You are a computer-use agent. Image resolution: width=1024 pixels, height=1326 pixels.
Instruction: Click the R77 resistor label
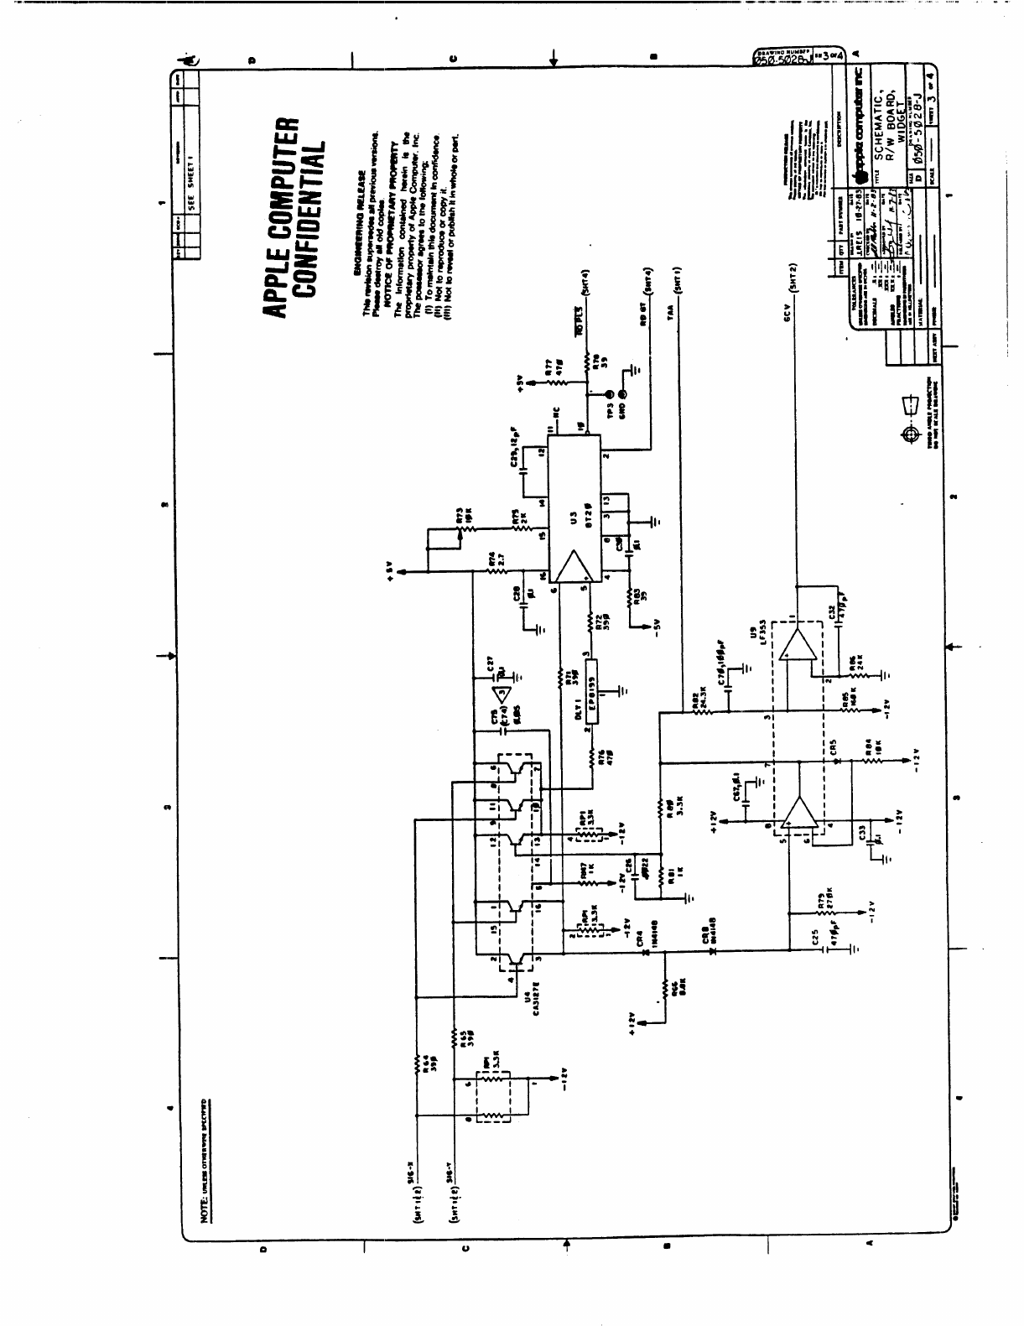(546, 370)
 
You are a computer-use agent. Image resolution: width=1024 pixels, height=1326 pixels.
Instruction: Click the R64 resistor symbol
(417, 1065)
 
